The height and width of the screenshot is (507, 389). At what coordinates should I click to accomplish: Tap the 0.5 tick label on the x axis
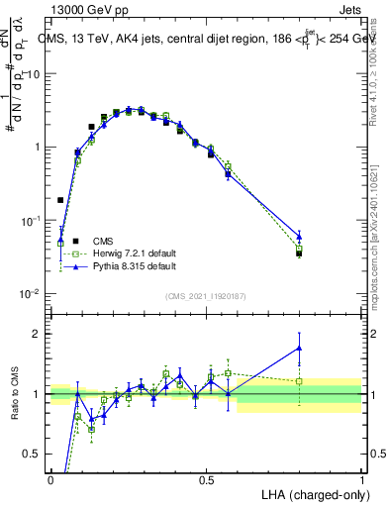206,480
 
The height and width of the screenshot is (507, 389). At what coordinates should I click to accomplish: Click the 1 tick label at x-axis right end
361,480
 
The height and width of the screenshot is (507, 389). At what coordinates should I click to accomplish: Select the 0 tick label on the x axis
50,480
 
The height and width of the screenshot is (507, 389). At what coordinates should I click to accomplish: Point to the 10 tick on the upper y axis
35,74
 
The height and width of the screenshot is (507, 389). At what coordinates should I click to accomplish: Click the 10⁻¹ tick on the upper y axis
33,221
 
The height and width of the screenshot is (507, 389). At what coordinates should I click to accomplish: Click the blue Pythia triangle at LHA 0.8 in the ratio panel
299,348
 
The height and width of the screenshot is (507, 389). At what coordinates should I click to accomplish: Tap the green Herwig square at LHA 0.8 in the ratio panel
299,381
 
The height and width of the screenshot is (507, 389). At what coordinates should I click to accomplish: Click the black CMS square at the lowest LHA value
60,200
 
